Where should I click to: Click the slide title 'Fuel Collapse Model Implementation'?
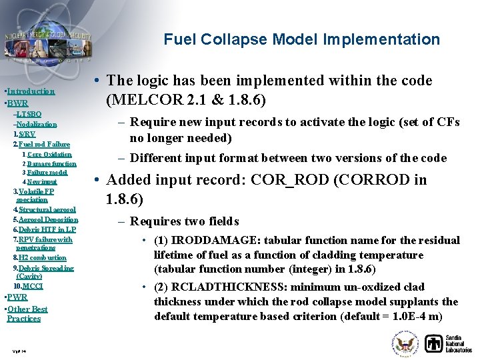click(301, 40)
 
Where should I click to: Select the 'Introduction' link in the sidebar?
click(31, 91)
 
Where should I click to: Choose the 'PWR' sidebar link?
click(17, 297)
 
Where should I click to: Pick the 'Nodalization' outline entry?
click(37, 125)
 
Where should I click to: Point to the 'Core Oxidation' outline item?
click(49, 155)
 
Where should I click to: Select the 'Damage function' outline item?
click(52, 163)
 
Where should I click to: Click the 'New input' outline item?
click(42, 181)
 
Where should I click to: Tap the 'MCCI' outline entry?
click(32, 286)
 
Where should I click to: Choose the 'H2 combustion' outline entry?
click(42, 257)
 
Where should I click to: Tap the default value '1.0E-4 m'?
click(425, 317)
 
